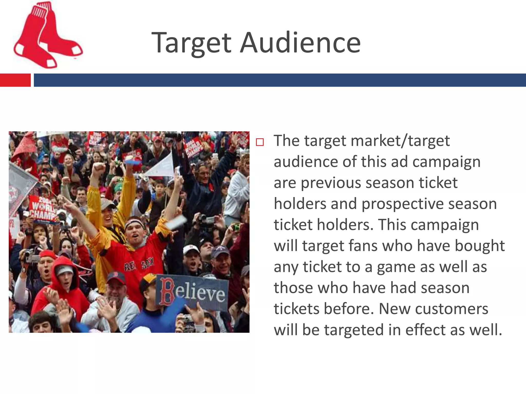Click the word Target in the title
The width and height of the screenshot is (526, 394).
(191, 43)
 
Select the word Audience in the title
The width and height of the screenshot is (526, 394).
(300, 43)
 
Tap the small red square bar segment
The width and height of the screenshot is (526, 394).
(15, 80)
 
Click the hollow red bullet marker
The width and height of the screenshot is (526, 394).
(260, 142)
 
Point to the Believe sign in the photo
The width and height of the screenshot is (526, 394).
(192, 292)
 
